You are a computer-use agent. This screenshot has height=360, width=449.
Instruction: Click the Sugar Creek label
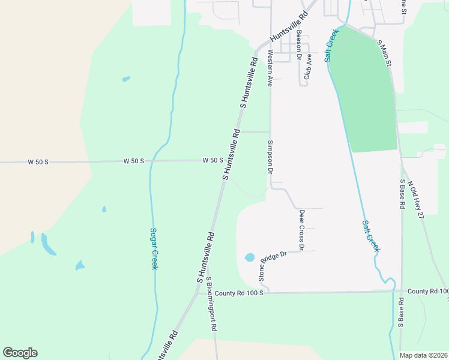[x=154, y=248]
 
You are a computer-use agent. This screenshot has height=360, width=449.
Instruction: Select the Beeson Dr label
[x=299, y=46]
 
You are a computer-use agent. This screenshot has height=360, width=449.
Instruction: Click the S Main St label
[x=384, y=53]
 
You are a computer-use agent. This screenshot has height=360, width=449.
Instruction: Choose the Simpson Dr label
[x=270, y=157]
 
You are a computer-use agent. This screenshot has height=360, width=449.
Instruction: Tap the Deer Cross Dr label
[x=302, y=230]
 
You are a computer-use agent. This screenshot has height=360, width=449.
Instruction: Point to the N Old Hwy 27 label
[x=415, y=199]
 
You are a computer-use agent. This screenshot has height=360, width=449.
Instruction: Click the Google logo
[x=20, y=353]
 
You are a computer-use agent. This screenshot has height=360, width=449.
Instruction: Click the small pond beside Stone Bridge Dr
[x=250, y=258]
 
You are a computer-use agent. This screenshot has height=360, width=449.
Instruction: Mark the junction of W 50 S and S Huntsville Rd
[x=227, y=161]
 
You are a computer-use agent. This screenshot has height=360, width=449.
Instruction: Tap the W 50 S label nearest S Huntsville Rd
[x=213, y=160]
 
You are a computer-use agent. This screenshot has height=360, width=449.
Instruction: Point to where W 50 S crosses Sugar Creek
[x=152, y=161]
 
